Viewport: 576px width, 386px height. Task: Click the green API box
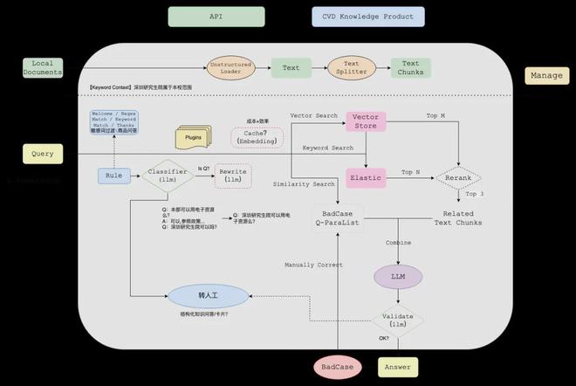216,17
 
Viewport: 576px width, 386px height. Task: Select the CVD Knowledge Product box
367,17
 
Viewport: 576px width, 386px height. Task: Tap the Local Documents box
42,68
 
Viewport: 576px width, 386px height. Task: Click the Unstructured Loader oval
231,67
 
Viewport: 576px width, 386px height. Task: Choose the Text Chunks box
410,68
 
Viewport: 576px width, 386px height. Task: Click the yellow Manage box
547,76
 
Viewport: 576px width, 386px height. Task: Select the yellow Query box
43,154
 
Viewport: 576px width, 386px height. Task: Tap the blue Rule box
113,176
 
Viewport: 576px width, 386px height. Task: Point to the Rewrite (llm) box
233,176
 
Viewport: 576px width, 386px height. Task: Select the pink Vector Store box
365,121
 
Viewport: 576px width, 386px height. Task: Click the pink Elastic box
366,177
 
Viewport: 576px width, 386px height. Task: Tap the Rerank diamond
458,177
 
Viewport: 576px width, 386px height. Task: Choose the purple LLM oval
397,277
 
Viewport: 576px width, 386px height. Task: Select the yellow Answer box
397,367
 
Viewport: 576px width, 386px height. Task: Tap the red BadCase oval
338,367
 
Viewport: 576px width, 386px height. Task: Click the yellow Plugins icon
194,138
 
